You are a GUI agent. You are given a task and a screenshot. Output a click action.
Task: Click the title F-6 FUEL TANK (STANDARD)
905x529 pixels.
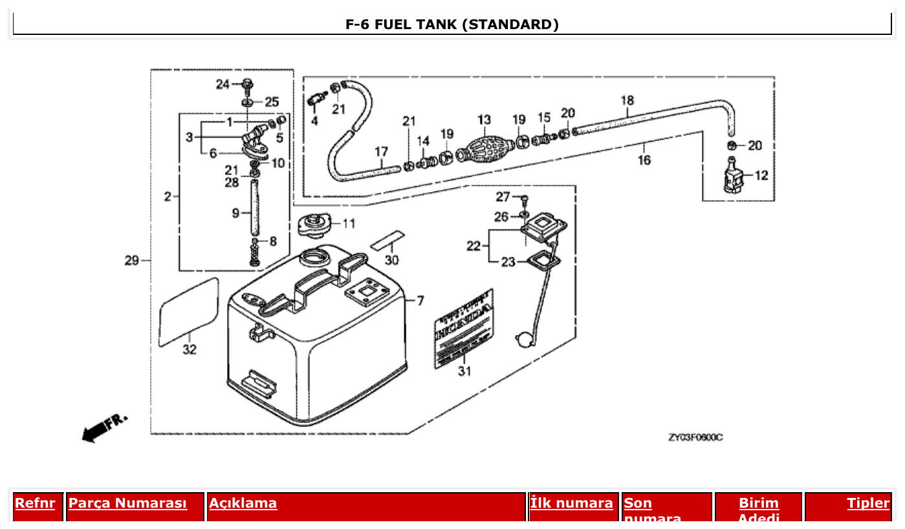click(452, 25)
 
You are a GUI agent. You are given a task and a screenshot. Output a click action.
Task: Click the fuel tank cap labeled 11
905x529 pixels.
click(313, 226)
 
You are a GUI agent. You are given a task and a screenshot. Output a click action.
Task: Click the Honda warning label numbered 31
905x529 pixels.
click(464, 329)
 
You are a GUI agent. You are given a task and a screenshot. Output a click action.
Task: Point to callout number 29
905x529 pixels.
click(132, 261)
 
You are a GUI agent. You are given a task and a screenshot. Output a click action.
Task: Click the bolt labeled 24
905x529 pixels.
click(248, 84)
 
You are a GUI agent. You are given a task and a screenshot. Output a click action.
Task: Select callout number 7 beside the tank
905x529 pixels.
click(420, 301)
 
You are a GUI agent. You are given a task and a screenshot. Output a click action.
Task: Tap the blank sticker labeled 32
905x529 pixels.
click(189, 312)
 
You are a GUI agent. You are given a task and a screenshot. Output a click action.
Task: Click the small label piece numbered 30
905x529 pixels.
click(387, 239)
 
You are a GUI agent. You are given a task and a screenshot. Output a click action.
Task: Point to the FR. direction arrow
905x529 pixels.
click(104, 427)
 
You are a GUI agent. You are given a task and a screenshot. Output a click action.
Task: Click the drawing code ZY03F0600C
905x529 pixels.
click(695, 438)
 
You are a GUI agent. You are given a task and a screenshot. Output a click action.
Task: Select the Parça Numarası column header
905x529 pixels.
click(127, 503)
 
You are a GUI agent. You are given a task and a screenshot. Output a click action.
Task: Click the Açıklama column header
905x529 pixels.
click(243, 503)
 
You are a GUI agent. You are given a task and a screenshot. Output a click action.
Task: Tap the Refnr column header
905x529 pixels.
click(35, 503)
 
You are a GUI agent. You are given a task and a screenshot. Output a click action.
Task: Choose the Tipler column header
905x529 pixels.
click(867, 503)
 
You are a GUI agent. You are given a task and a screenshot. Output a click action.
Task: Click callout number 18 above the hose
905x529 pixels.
click(627, 100)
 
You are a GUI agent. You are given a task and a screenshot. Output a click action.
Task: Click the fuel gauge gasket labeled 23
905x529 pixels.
click(538, 261)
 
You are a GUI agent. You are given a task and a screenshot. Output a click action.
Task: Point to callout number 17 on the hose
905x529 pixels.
click(382, 152)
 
